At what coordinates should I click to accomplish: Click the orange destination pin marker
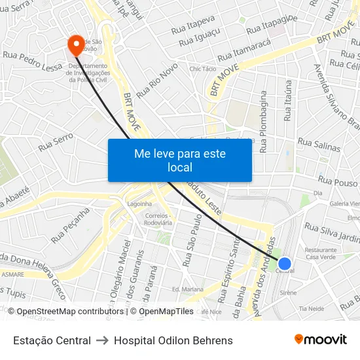76,45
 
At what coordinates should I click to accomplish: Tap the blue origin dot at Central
284,262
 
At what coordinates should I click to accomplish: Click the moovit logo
321,340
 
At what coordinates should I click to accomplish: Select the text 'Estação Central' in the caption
52,340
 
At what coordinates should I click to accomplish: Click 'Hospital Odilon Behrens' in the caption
173,340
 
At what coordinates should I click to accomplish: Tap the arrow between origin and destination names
102,340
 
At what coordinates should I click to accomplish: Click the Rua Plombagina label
264,122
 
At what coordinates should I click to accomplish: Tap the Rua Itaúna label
288,101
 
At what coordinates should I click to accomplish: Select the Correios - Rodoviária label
158,219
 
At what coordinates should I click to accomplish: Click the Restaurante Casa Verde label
321,253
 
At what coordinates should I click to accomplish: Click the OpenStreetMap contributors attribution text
67,312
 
